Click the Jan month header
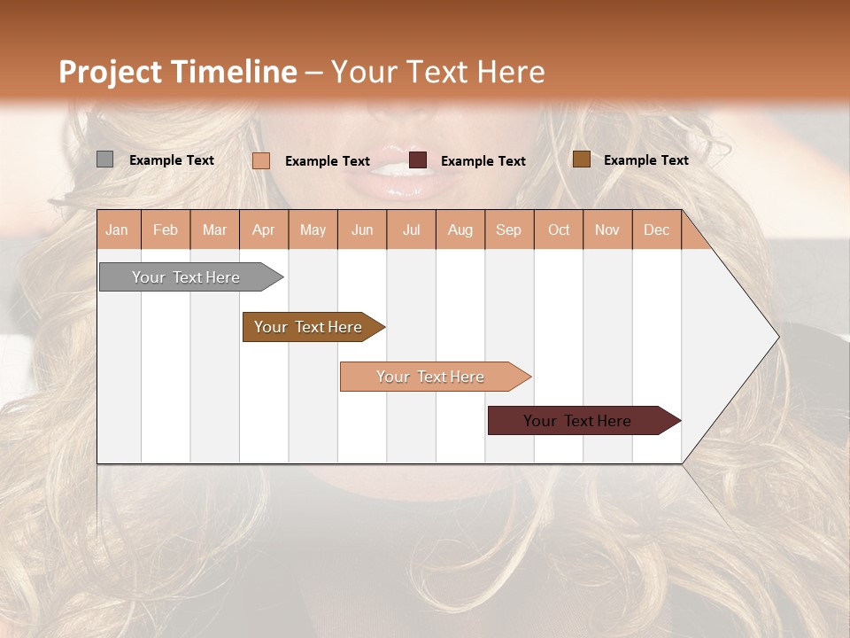click(x=118, y=230)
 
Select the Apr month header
click(x=264, y=230)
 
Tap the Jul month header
click(x=412, y=230)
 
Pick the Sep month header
click(x=508, y=230)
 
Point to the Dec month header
click(x=656, y=230)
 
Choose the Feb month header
click(x=166, y=230)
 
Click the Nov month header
click(x=607, y=230)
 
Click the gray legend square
click(x=104, y=159)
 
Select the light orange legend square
click(x=261, y=160)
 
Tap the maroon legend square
click(x=418, y=160)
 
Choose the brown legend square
click(x=581, y=159)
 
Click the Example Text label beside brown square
click(x=645, y=160)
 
